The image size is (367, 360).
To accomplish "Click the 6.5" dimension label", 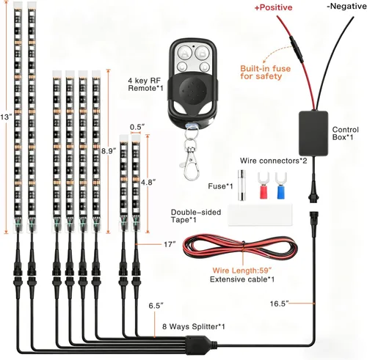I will point(156,304).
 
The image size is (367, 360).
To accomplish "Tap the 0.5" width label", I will point(135,127).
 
